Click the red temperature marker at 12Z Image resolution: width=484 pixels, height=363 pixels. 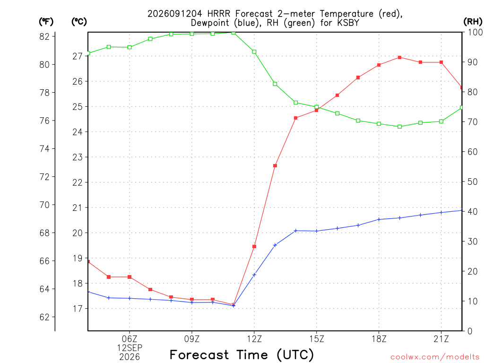(254, 247)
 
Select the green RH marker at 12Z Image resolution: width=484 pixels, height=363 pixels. (254, 52)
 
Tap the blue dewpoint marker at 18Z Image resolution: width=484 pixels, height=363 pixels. (379, 219)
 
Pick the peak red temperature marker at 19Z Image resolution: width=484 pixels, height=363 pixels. (399, 57)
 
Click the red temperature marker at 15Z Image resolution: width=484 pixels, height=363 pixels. (316, 110)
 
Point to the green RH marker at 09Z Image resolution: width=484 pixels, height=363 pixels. (192, 34)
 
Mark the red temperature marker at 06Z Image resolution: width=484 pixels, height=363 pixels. (130, 277)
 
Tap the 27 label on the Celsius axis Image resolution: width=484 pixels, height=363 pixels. (78, 56)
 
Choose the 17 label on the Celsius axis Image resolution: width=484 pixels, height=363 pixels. (78, 309)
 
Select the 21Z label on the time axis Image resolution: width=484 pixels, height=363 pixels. (441, 339)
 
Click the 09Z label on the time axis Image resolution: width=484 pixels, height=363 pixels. (192, 339)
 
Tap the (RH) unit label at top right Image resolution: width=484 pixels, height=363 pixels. (473, 22)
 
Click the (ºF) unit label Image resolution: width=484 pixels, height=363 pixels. (46, 22)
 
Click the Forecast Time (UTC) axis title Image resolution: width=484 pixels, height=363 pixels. (242, 355)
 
